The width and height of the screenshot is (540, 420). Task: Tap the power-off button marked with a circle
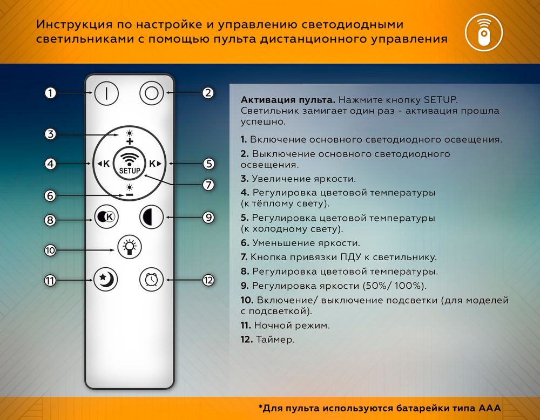[x=151, y=93]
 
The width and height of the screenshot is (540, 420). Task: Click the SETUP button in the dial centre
[x=130, y=164]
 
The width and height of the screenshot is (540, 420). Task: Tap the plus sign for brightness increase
[x=130, y=141]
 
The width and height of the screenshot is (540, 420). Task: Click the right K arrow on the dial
[x=156, y=164]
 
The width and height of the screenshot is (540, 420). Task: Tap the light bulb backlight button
[x=129, y=247]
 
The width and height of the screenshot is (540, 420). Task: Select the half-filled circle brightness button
[x=151, y=217]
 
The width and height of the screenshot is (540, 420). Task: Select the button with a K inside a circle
[x=106, y=217]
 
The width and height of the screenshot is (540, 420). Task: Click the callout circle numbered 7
[x=208, y=185]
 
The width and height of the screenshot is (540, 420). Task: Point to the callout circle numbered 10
[x=50, y=250]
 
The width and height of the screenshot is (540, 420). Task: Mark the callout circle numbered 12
[x=208, y=280]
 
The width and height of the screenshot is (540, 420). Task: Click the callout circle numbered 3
[x=50, y=134]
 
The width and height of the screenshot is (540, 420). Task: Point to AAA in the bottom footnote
[x=489, y=407]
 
